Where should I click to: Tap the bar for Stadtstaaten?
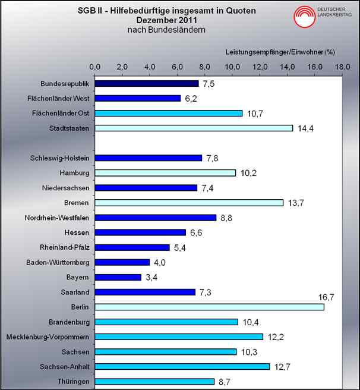click(194, 128)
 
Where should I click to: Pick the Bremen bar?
click(189, 203)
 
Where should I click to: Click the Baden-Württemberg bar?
click(122, 262)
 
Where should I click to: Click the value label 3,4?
click(151, 277)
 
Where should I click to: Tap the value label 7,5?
click(208, 84)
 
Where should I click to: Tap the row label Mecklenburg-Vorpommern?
click(48, 337)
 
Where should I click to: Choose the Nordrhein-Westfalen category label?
click(57, 218)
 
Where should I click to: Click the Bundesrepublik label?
click(65, 83)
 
